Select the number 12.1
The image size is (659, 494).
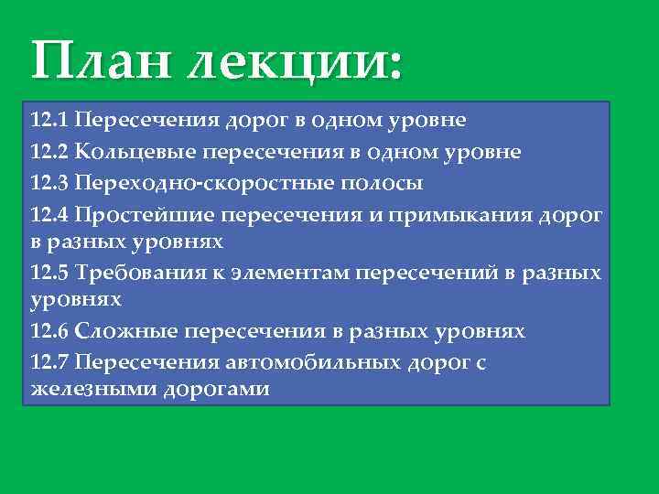pos(49,120)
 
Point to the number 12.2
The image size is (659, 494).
pos(49,151)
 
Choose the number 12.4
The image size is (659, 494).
pos(49,215)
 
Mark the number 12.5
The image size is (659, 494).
pos(49,273)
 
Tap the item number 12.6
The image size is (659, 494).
pos(49,331)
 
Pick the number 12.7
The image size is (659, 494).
pos(49,362)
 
